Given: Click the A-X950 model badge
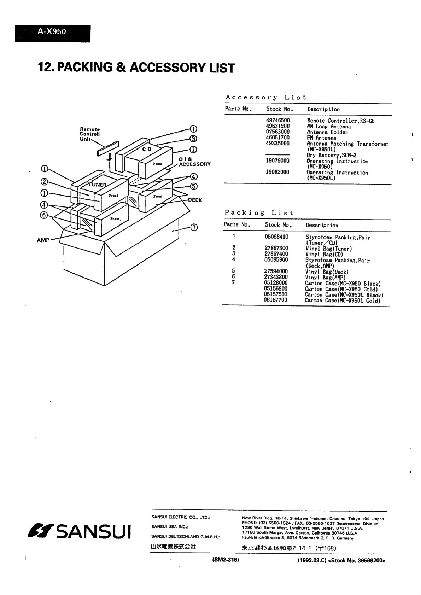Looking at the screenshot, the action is pos(52,32).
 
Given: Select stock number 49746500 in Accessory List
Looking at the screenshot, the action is pos(277,121).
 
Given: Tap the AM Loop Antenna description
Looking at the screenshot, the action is pos(329,126).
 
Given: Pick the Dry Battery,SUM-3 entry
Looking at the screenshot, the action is pos(331,155).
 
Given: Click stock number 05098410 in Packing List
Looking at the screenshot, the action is pos(276,237).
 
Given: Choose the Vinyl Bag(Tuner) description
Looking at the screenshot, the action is pos(328,249).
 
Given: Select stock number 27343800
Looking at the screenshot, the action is pos(276,277).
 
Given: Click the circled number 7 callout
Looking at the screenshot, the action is pos(194,227).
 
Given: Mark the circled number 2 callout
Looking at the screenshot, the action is pos(45,182).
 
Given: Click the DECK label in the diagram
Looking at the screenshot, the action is pos(195,200).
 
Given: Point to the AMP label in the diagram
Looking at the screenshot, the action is pos(43,240).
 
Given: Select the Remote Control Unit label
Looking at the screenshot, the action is pos(89,134).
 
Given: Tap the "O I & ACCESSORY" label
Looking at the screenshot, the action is pos(194,162).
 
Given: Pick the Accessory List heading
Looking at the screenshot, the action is pos(265,97).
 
